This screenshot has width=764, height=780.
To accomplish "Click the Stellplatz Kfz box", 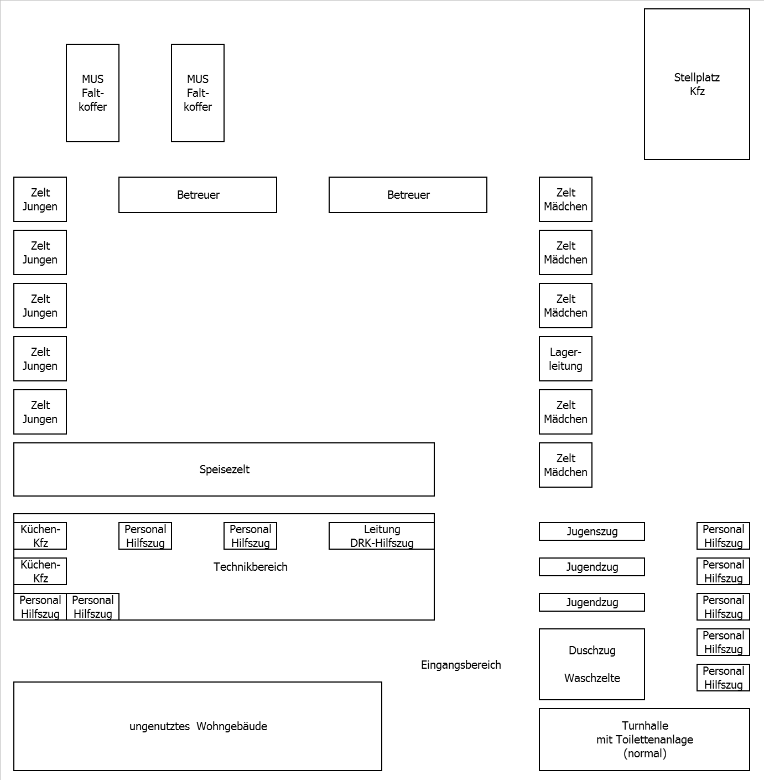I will (697, 84).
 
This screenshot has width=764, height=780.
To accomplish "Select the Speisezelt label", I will (224, 469).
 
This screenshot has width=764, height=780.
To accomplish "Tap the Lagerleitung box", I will (565, 359).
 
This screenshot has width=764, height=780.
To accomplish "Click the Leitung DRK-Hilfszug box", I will (382, 536).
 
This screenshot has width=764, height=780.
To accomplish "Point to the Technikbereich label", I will (250, 567).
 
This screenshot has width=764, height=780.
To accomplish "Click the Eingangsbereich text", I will (461, 665).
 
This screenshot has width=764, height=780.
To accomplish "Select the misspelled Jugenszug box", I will (591, 531).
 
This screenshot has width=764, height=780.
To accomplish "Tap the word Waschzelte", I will (592, 678).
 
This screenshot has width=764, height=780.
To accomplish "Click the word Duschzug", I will (592, 650).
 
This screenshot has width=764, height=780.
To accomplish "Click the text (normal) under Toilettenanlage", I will (645, 753).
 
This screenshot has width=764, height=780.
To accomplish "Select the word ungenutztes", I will (159, 726).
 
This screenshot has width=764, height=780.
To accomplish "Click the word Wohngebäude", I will (232, 726).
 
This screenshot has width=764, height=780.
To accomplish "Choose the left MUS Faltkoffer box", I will (92, 93).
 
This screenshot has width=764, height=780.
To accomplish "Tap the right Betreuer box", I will (408, 195).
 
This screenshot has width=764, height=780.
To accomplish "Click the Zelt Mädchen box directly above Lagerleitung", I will (565, 306).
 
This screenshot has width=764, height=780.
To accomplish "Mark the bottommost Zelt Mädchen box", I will (565, 465).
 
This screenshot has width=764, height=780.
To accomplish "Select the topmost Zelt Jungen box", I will (40, 199).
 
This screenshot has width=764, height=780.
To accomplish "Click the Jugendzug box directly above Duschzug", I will (591, 602).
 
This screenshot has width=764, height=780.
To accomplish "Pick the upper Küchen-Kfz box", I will (40, 536).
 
